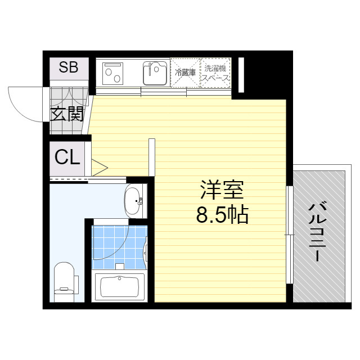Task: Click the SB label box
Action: tap(69, 68)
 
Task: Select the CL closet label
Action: tap(67, 158)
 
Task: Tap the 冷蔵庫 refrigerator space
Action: tap(185, 73)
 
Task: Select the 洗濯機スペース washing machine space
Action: tap(216, 73)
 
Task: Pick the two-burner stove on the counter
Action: tap(115, 73)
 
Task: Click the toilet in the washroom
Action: tap(65, 281)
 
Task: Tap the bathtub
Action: tap(119, 287)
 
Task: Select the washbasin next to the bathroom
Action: tap(134, 200)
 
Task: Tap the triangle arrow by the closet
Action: tap(99, 167)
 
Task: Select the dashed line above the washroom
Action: tap(84, 179)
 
